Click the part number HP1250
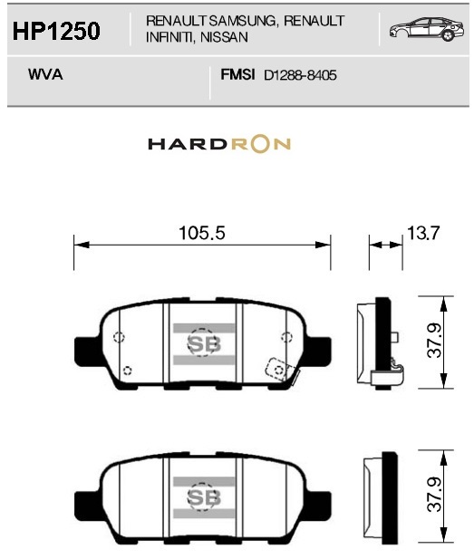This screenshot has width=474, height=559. tap(56, 31)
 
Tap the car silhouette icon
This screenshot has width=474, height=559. tap(427, 29)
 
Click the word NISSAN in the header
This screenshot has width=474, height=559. tap(224, 37)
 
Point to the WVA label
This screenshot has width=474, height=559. tap(45, 74)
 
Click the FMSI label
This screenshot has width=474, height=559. tap(237, 74)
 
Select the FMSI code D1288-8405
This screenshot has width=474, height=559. tap(300, 75)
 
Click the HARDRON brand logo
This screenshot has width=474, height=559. tap(219, 144)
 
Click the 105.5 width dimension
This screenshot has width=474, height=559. tap(202, 233)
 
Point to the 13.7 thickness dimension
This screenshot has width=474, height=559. tap(423, 233)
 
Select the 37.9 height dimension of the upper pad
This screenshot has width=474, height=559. tap(434, 341)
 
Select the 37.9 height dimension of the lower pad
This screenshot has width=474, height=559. tap(434, 495)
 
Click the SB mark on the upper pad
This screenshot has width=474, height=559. tap(204, 344)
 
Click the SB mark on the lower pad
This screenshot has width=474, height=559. tap(204, 497)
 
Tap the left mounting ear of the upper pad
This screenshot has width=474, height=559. tap(86, 350)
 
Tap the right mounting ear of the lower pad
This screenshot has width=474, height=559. tap(319, 504)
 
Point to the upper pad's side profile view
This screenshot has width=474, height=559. tap(381, 342)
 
